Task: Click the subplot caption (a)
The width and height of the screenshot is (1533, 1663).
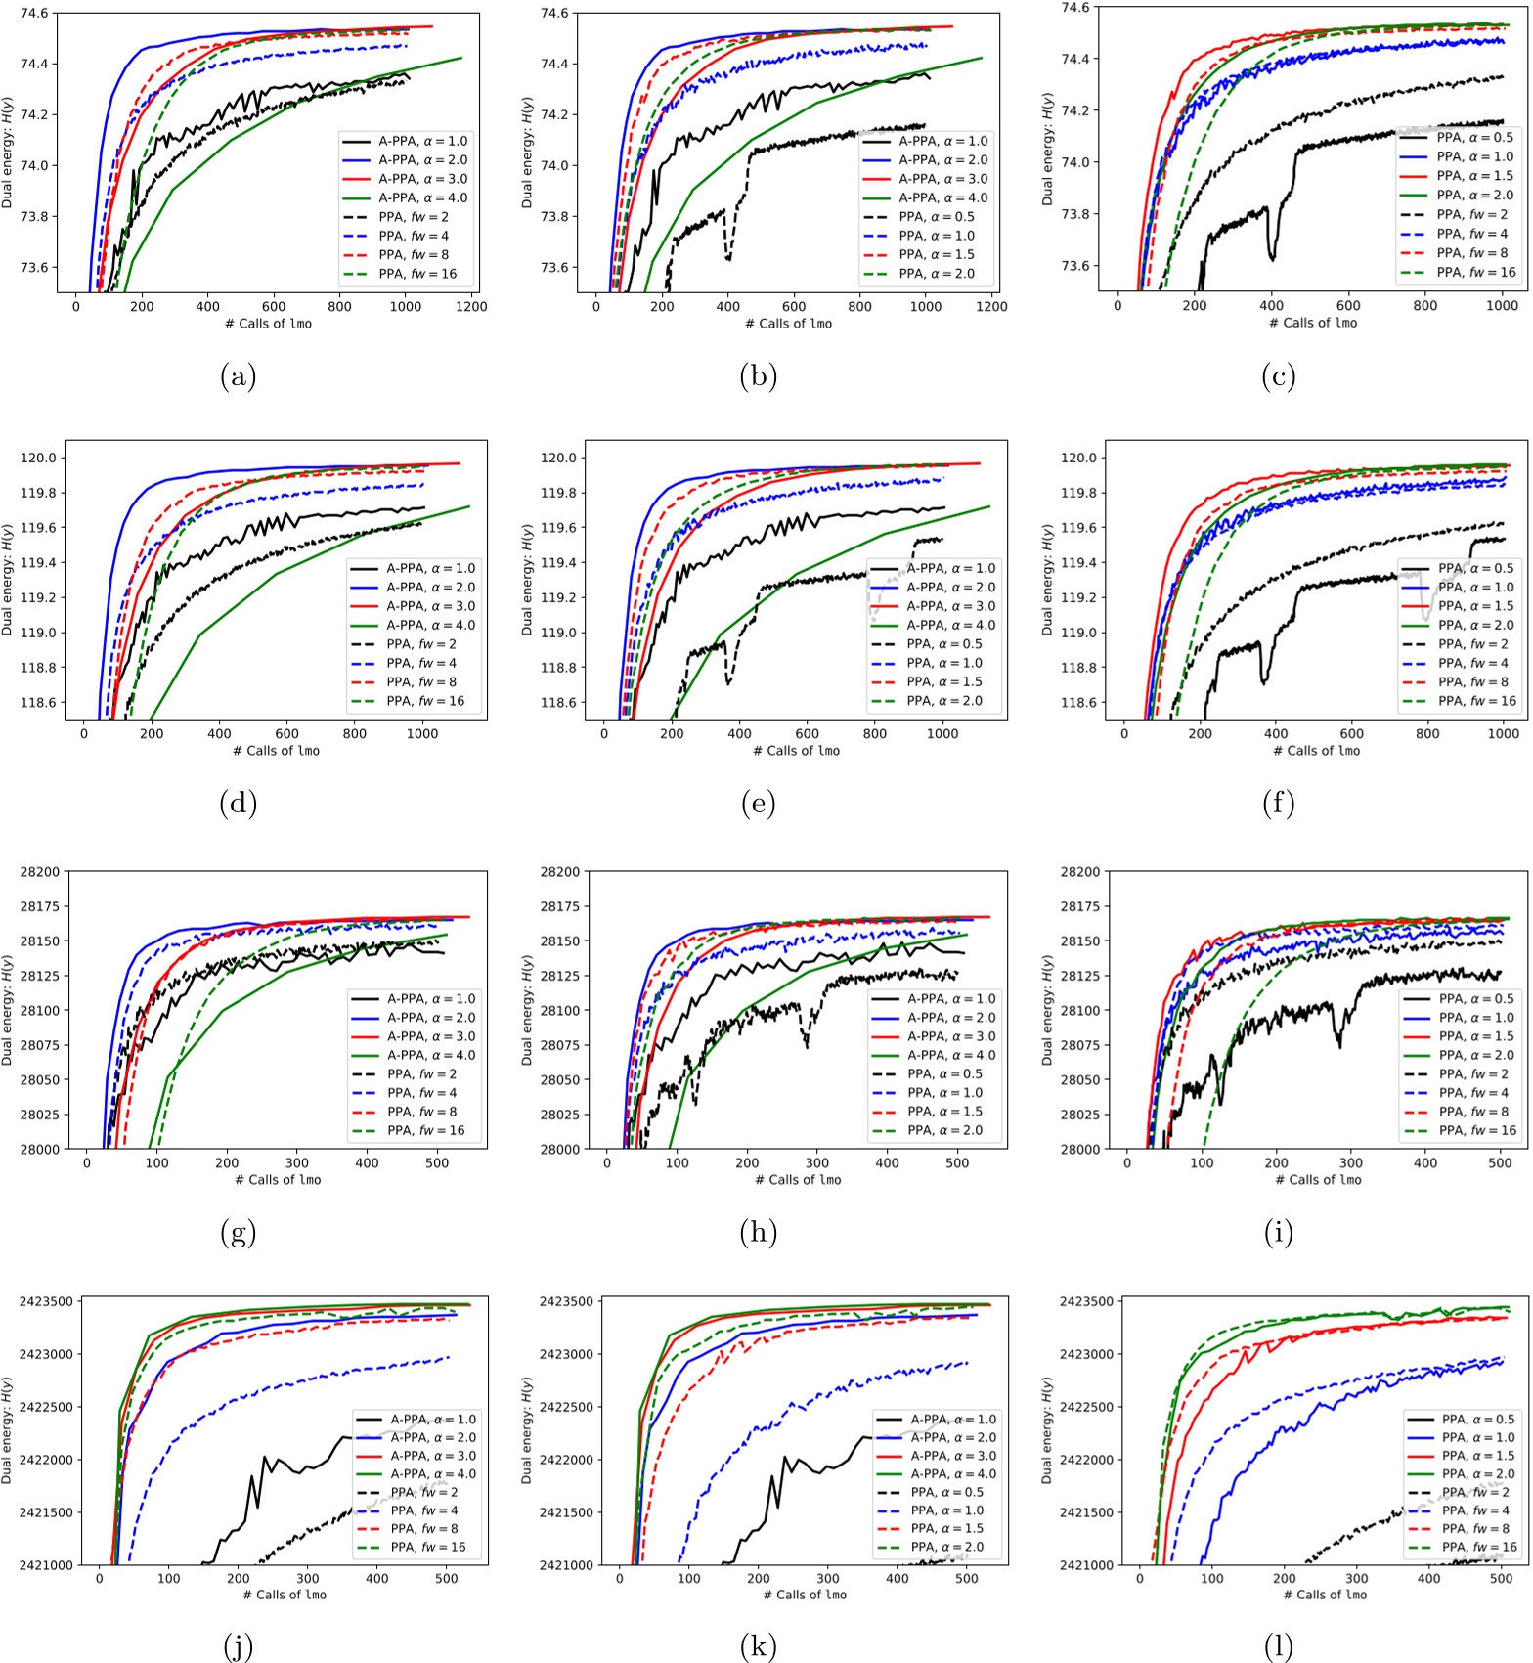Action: tap(238, 376)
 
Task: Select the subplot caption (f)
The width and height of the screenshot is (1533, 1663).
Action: tap(1278, 804)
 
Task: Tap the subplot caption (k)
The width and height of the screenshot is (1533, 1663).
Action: tap(758, 1646)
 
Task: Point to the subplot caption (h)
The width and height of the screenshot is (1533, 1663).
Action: tap(758, 1233)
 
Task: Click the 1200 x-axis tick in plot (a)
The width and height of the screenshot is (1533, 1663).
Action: tap(471, 307)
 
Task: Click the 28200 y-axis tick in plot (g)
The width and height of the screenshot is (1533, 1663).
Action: tap(40, 872)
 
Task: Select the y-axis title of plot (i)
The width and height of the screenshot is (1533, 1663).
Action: tap(1046, 1011)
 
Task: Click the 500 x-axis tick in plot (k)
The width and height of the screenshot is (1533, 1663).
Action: tap(966, 1579)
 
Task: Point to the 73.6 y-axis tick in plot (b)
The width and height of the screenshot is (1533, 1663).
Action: tap(562, 268)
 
